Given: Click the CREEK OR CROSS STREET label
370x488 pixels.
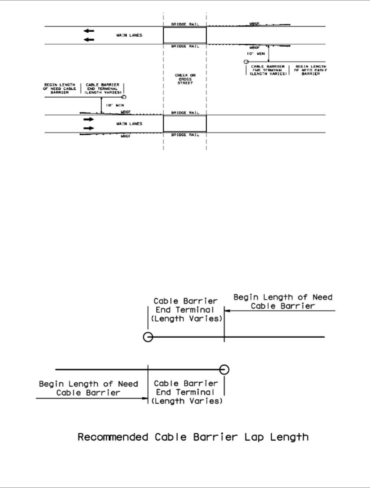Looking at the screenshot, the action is click(x=185, y=79).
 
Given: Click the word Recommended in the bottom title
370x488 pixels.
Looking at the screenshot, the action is click(x=113, y=437).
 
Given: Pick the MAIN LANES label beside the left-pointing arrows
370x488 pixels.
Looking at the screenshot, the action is click(x=129, y=35).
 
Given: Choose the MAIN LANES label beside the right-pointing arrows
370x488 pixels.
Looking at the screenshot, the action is click(x=129, y=124).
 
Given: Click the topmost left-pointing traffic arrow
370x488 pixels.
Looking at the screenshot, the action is click(x=89, y=31).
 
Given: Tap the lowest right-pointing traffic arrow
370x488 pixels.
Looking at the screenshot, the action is click(x=89, y=128).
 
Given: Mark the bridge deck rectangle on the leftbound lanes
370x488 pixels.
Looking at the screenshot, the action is click(x=185, y=35).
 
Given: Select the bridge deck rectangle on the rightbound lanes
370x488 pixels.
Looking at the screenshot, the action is click(x=185, y=124).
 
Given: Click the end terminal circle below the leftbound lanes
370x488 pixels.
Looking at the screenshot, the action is click(x=246, y=62).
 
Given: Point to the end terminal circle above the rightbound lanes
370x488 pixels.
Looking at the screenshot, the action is click(x=124, y=97).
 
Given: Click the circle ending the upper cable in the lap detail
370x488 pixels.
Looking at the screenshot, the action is click(x=148, y=337).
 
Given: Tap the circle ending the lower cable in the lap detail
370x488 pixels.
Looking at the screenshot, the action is click(x=224, y=369).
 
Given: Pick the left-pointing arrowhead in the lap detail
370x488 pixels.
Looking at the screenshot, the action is click(x=227, y=311).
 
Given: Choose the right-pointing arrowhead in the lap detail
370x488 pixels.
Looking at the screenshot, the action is click(x=145, y=398).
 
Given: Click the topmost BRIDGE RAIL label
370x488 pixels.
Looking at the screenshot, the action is click(x=185, y=24).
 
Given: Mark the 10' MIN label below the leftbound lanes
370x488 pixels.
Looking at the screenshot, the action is click(x=255, y=54).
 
